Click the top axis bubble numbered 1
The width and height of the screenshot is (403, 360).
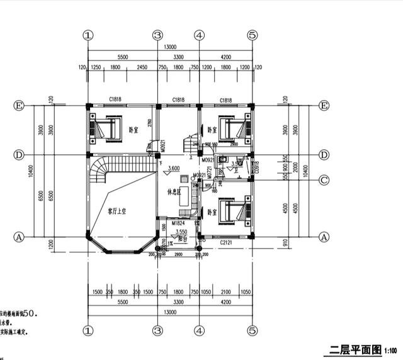click(88, 35)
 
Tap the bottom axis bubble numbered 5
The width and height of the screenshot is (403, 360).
click(251, 329)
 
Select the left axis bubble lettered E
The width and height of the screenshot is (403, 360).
click(19, 106)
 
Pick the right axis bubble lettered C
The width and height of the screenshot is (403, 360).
click(324, 180)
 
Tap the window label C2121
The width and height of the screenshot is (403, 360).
click(227, 242)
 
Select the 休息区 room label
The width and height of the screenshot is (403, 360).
click(174, 191)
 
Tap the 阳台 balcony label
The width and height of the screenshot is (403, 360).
click(181, 239)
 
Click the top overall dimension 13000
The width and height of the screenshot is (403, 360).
click(170, 47)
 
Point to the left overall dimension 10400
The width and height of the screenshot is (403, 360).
click(31, 171)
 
